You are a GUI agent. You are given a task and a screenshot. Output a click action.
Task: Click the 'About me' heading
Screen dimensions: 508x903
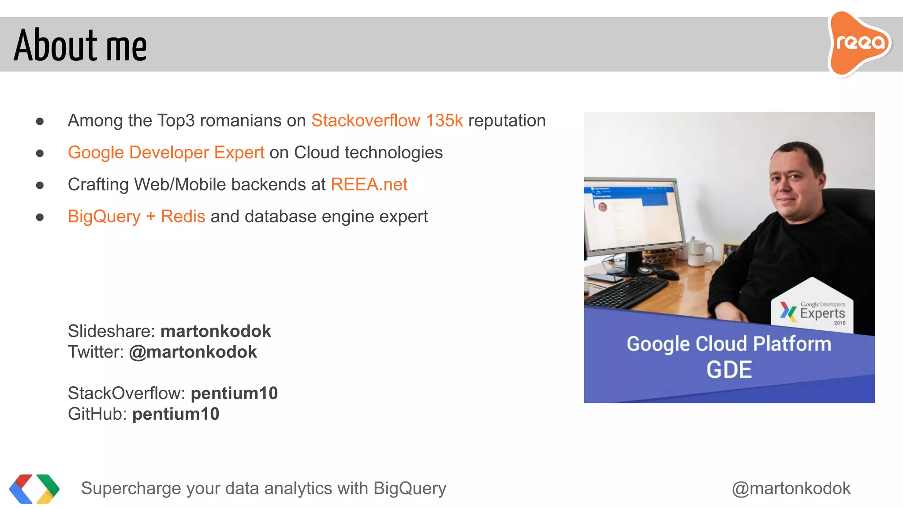coord(80,45)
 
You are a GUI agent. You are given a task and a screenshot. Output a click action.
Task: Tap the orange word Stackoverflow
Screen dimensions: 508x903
coord(366,121)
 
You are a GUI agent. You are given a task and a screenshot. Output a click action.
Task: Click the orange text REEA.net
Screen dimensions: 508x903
coord(369,184)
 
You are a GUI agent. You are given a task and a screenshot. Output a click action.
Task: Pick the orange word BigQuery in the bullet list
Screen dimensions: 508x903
coord(104,217)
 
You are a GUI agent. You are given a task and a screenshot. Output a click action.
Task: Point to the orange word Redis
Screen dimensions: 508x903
coord(183,217)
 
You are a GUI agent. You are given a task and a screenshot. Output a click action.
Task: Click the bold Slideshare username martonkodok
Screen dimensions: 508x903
coord(216,331)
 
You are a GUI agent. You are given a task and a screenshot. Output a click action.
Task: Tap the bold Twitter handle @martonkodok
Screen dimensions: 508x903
coord(193,352)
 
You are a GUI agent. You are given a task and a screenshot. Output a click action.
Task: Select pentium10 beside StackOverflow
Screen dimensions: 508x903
coord(234,393)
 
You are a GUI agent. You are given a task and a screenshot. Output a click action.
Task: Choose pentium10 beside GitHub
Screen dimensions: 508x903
coord(175,414)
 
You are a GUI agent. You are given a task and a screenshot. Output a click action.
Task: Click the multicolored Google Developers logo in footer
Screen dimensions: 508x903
coord(34,489)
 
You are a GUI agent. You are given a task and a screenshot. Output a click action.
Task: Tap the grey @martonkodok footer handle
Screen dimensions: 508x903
coord(791,489)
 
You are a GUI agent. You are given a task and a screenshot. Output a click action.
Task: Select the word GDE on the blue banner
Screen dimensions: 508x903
coord(729,370)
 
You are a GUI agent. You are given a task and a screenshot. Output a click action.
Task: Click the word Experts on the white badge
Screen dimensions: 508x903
coord(822,314)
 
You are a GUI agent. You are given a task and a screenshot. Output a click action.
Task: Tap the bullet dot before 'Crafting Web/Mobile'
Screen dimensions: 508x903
coord(40,185)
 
